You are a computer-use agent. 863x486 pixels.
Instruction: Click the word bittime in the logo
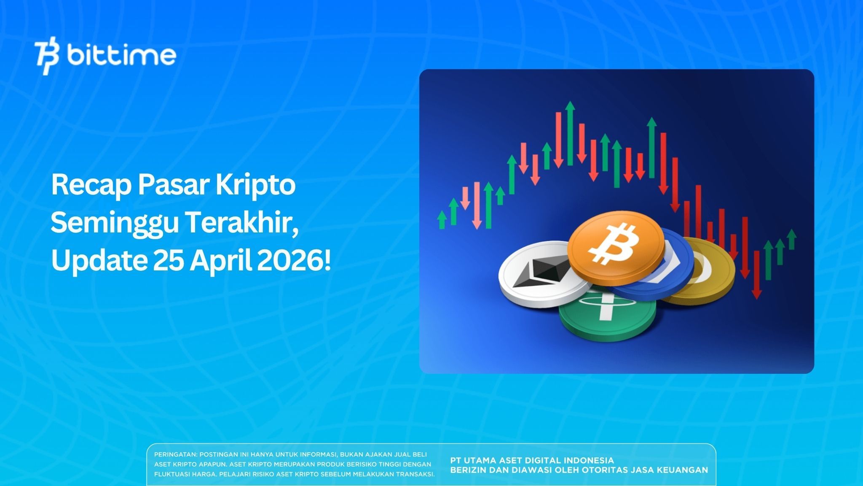click(x=121, y=56)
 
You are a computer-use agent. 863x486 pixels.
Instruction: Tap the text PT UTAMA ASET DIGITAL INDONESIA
click(x=532, y=460)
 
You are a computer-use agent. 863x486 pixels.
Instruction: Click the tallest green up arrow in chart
click(x=570, y=133)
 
